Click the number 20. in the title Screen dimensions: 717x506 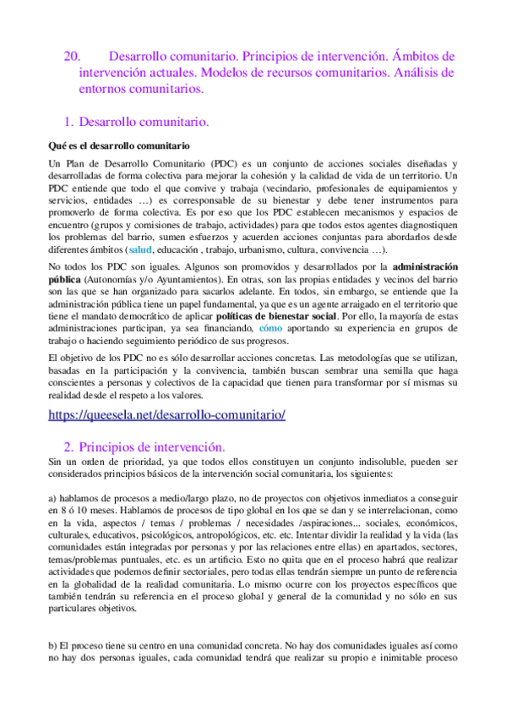tap(72, 57)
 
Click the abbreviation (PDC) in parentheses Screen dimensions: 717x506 tap(225, 162)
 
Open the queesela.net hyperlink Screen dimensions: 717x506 tap(167, 415)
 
